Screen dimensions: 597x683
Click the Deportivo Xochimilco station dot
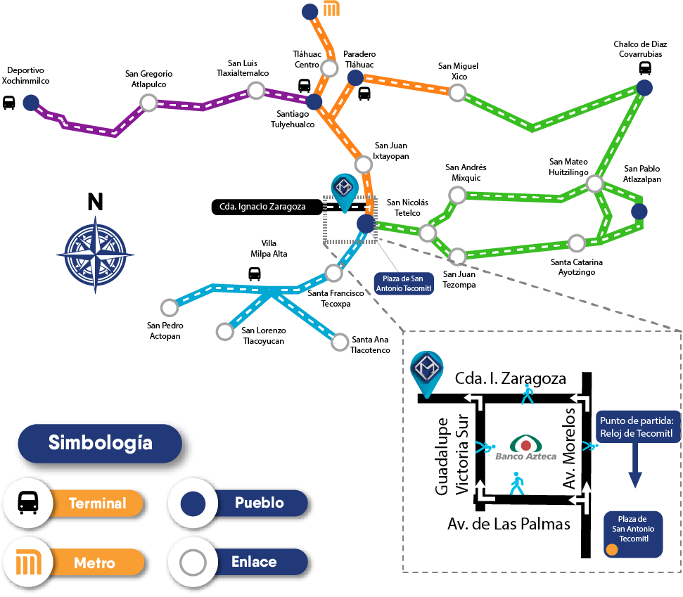click(x=30, y=103)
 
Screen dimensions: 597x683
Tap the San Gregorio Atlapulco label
click(x=148, y=79)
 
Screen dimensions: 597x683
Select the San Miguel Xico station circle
click(x=458, y=92)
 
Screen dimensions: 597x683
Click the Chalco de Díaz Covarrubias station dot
click(x=644, y=88)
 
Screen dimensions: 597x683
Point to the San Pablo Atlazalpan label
click(x=642, y=174)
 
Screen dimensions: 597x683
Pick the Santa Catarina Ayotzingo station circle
click(x=577, y=243)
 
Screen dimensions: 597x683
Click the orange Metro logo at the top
click(x=332, y=9)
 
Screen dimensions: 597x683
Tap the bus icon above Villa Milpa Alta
click(x=255, y=274)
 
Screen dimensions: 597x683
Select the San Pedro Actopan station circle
click(x=170, y=307)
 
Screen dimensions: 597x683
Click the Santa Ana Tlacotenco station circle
click(x=340, y=342)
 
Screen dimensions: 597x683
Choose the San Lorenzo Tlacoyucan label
click(x=264, y=335)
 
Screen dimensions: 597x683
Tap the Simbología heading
click(x=100, y=442)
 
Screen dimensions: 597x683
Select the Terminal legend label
click(x=98, y=503)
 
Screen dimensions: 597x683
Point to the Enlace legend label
click(x=254, y=562)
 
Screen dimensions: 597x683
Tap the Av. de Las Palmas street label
click(x=509, y=524)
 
